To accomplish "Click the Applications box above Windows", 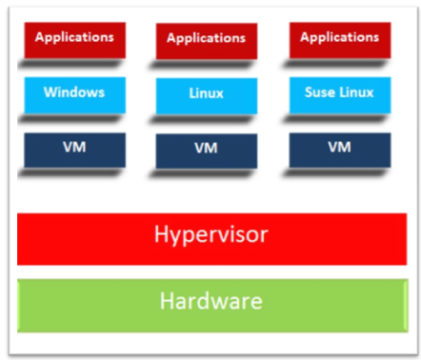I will (74, 39).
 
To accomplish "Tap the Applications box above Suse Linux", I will (339, 39).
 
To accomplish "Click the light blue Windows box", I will (74, 94).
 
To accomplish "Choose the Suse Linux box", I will (339, 94).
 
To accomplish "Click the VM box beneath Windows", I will (74, 150).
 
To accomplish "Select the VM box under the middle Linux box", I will (206, 150).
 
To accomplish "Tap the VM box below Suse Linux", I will (339, 149).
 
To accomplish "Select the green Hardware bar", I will (211, 302).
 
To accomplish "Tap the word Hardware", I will (211, 302).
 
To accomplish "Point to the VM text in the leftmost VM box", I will (74, 150).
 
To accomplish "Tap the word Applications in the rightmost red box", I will (339, 38).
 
